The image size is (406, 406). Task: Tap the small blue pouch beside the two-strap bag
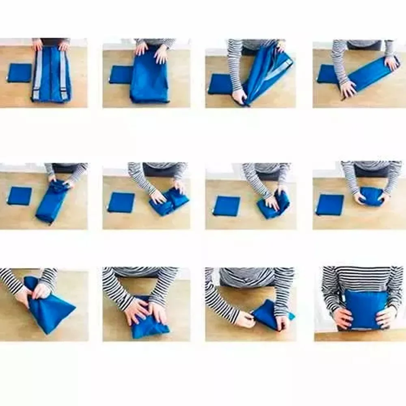[19, 73]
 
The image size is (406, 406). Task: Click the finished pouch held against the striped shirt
[365, 309]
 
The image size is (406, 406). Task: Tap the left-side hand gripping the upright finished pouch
[342, 317]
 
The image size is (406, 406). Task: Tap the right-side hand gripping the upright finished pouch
[385, 317]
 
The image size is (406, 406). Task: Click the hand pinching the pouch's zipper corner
[245, 320]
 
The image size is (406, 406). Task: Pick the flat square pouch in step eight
[330, 205]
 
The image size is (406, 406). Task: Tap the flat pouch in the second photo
[121, 74]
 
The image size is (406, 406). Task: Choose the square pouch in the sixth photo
[121, 203]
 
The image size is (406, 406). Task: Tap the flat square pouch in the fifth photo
[19, 196]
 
